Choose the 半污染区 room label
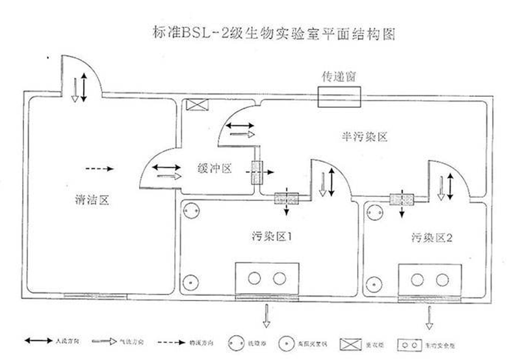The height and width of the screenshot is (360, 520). pos(365,137)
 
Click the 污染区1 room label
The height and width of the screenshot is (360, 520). pos(269,235)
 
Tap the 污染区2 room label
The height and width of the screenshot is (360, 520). pos(432,237)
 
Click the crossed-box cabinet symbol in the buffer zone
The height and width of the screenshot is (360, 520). pos(194,105)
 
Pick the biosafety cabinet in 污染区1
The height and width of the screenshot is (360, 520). pos(267,278)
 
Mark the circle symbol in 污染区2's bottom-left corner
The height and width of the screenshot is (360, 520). pos(374,283)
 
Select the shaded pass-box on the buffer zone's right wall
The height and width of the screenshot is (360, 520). pos(256,174)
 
